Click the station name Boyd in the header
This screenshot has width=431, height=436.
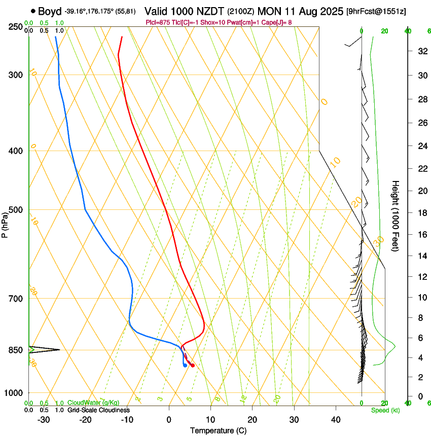click(50, 11)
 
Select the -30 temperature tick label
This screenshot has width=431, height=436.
click(44, 419)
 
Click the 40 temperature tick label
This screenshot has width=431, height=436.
click(335, 419)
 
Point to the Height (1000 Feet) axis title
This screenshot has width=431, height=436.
click(396, 215)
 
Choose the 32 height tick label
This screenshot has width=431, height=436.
click(421, 51)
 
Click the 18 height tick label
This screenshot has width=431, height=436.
click(421, 213)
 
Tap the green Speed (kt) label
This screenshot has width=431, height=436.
click(385, 410)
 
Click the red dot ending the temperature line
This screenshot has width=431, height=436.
click(192, 366)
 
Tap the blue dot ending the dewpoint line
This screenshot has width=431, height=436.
click(185, 365)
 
